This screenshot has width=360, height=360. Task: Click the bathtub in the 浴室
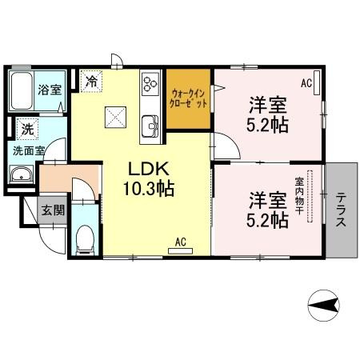22,90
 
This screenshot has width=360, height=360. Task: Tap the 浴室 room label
50,90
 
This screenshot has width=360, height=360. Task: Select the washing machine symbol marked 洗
27,129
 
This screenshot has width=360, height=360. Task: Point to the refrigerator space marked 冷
91,81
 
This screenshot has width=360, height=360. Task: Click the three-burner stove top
150,83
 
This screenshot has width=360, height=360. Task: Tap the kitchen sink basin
150,126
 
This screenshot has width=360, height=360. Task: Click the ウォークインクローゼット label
188,98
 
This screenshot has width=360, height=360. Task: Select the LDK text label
149,169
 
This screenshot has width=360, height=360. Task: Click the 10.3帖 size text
149,189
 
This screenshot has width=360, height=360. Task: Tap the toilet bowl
85,239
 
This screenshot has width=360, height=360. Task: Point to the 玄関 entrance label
53,210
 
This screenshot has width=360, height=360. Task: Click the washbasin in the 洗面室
22,174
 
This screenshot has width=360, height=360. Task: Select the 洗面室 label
29,151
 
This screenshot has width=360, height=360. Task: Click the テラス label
341,210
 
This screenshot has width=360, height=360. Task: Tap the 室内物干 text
299,196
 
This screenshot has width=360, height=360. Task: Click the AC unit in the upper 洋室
317,82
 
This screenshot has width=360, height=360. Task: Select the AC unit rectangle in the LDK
180,251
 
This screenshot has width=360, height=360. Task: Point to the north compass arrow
323,305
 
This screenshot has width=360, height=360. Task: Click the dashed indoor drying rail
310,196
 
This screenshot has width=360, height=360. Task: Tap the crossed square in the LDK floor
115,117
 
